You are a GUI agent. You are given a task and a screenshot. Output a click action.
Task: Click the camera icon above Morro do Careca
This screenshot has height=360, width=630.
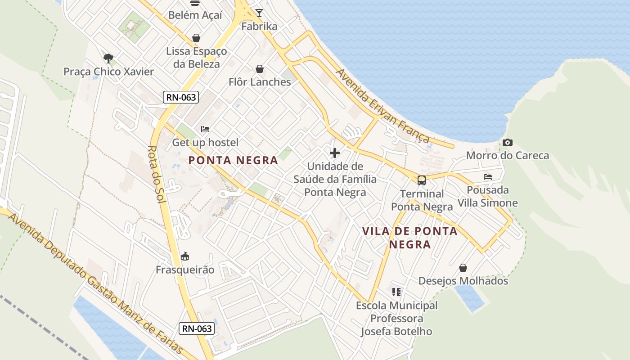coord(508,143)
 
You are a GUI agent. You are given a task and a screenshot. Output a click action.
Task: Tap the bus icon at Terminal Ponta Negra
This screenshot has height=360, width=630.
coord(422,180)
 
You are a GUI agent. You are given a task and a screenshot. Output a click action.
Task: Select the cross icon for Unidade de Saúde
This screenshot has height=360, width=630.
coord(335,153)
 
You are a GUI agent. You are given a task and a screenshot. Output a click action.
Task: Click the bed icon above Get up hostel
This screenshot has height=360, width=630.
coord(205,129)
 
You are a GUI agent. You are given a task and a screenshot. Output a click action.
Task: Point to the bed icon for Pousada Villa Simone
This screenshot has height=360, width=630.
coord(488,177)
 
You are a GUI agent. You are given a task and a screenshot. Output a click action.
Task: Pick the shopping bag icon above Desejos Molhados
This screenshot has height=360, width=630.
coord(463,268)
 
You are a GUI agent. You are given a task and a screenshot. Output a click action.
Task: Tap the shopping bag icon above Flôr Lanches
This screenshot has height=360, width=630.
coord(260,69)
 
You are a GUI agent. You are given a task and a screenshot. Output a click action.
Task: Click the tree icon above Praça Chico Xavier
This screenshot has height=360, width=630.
coord(108,58)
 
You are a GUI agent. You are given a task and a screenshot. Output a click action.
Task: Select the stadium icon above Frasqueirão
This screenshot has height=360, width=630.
coord(184,256)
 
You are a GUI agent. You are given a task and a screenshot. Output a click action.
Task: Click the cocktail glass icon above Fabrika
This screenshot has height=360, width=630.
coord(259,13)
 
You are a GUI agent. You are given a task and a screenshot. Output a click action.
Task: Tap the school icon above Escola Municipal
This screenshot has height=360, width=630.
coord(396,292)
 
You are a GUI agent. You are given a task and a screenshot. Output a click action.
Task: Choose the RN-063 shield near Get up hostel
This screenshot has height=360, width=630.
coord(181,97)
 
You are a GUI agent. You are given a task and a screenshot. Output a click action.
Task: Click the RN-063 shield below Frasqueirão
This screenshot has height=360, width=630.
coord(196,328)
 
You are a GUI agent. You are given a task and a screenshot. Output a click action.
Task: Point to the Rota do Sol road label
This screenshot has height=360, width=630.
coord(156,174)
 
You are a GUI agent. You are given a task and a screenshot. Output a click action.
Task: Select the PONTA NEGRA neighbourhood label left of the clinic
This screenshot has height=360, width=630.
coord(233,160)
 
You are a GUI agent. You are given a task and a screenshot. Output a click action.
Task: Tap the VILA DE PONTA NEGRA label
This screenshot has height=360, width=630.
coord(410,238)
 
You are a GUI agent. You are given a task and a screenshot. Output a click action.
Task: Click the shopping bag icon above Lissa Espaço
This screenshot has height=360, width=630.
coord(196,38)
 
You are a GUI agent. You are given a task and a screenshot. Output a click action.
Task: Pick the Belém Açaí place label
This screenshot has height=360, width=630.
coord(195,15)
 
